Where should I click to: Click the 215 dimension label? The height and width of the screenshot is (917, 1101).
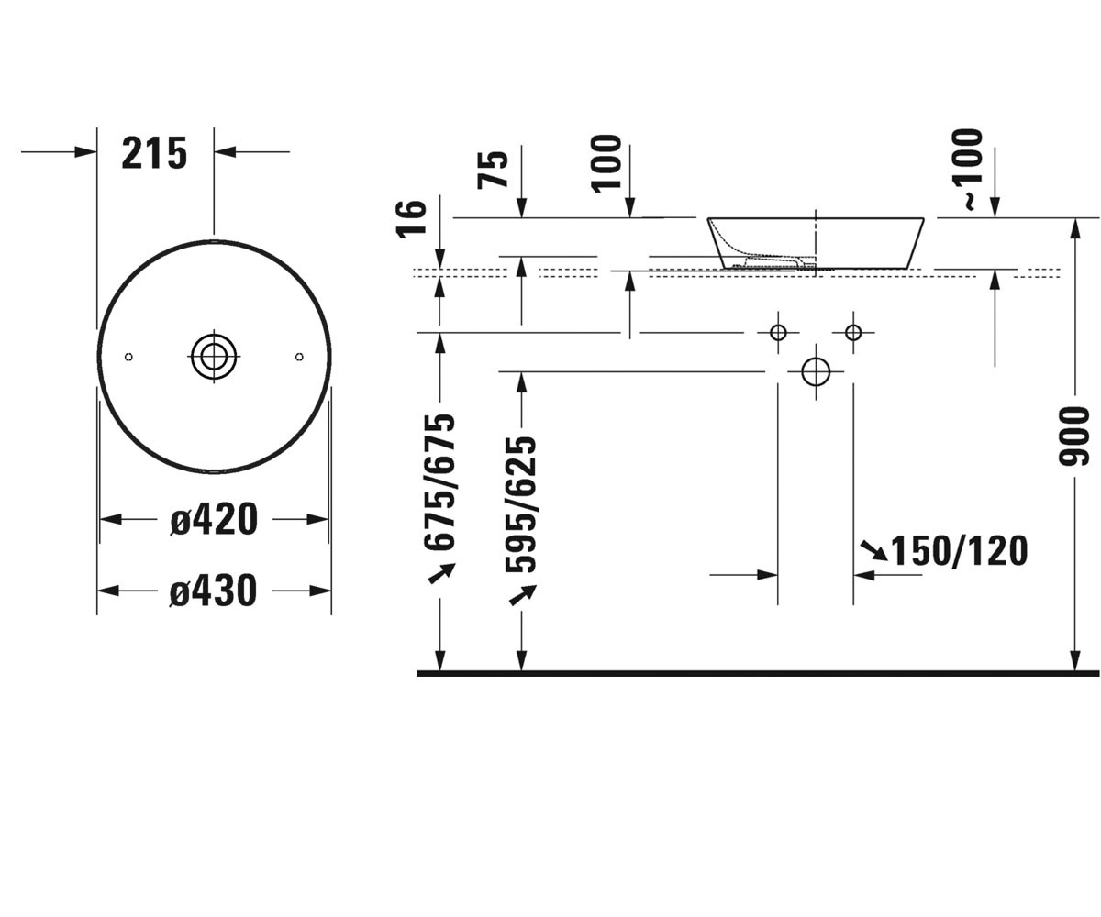[x=154, y=153]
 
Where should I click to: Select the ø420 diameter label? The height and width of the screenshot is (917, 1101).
[x=214, y=519]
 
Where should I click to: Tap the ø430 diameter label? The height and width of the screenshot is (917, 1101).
[x=214, y=591]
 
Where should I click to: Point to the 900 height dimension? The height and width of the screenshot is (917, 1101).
[x=1074, y=436]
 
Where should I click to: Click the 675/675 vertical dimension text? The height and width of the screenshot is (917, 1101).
[x=439, y=482]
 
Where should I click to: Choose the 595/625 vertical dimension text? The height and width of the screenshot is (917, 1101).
[x=521, y=504]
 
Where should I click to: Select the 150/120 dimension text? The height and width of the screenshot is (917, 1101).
[x=959, y=551]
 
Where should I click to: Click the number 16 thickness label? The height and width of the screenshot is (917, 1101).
[x=412, y=219]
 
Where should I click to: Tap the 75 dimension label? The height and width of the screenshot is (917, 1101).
[x=493, y=170]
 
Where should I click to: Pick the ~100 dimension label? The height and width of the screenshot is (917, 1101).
[x=969, y=170]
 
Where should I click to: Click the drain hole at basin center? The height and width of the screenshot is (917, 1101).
[x=214, y=357]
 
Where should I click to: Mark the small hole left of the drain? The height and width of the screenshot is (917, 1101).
[x=128, y=357]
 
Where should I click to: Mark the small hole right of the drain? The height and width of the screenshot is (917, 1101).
[x=299, y=357]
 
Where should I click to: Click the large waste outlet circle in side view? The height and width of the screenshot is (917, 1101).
[x=816, y=371]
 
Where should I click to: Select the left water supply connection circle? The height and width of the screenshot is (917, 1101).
[x=778, y=333]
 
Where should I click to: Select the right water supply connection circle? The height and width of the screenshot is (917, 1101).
[x=853, y=333]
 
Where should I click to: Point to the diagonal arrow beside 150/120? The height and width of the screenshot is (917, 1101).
[x=874, y=550]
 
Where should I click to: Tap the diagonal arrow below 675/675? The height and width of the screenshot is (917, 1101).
[x=441, y=573]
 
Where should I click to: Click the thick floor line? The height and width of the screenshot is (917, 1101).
[x=758, y=673]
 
